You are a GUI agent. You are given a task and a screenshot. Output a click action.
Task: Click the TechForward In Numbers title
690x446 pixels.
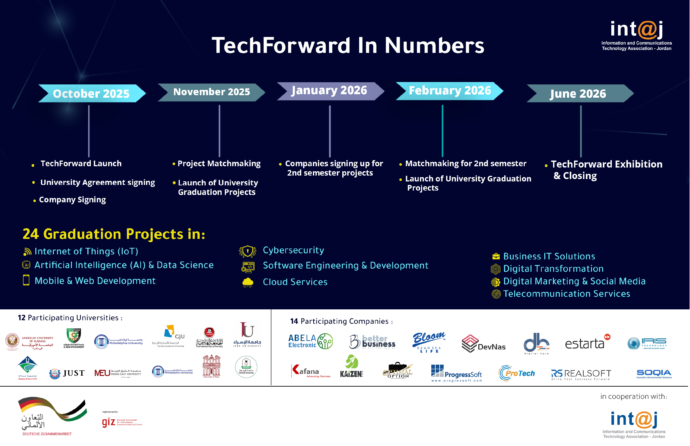pos(348,45)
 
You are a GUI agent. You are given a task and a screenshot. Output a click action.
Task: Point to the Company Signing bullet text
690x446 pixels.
pos(72,200)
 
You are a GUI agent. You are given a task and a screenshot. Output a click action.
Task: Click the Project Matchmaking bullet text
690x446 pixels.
pos(219,164)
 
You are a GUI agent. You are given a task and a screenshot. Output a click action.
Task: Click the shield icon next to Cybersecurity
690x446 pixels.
pos(247,251)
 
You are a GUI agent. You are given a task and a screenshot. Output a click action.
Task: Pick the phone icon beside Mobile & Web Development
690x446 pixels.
pos(26,280)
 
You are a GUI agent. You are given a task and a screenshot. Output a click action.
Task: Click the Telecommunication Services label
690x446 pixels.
pos(566,294)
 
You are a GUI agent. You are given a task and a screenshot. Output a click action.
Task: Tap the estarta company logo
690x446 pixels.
pos(587,343)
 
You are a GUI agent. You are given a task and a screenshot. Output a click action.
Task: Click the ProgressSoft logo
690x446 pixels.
pos(456,374)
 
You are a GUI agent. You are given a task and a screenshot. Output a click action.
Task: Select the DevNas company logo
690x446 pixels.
pos(483,344)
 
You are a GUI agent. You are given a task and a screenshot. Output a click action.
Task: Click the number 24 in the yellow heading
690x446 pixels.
pos(30,234)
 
